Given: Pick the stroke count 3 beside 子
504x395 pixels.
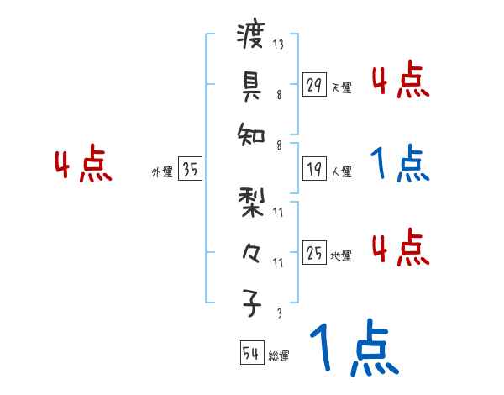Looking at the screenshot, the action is [x=278, y=312].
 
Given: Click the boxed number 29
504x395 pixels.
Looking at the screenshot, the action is [x=314, y=85].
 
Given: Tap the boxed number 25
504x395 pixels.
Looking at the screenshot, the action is [x=314, y=252].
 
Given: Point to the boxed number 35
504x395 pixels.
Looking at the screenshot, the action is [x=191, y=169].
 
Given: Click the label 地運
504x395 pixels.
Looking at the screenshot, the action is [x=341, y=255].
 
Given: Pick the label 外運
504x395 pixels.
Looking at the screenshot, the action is [x=161, y=172].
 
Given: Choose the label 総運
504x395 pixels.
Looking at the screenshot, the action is [x=279, y=356].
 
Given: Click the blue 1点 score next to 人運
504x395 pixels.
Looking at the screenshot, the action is [x=400, y=164].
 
